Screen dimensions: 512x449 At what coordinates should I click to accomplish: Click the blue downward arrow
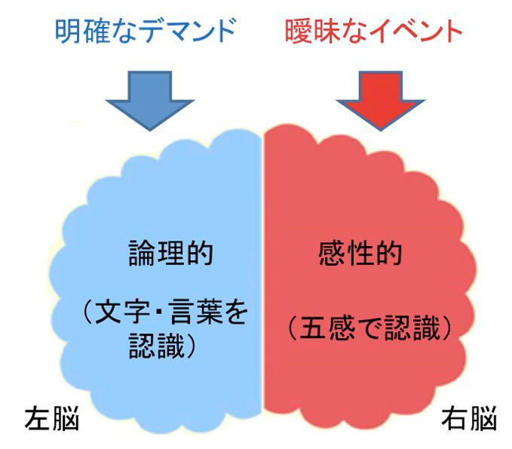point(150,100)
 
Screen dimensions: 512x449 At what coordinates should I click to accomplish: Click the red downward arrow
point(380,100)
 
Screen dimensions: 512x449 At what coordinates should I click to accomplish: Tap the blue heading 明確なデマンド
point(146,31)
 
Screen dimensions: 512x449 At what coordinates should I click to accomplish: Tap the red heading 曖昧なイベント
point(373,31)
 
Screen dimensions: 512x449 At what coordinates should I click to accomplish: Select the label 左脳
point(52,418)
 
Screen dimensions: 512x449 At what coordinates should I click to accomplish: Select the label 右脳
point(469,418)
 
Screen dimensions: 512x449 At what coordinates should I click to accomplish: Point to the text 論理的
point(170,253)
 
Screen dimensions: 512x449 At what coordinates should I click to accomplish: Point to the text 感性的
point(360,253)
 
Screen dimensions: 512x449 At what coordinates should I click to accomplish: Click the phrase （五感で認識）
point(369,328)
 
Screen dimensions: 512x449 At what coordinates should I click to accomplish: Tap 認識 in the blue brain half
point(157,346)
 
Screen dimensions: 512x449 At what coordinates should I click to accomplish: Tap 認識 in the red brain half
point(412,328)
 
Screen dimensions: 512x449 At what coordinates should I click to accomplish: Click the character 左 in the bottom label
point(38,418)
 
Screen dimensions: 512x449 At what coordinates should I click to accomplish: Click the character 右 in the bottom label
point(455,418)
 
